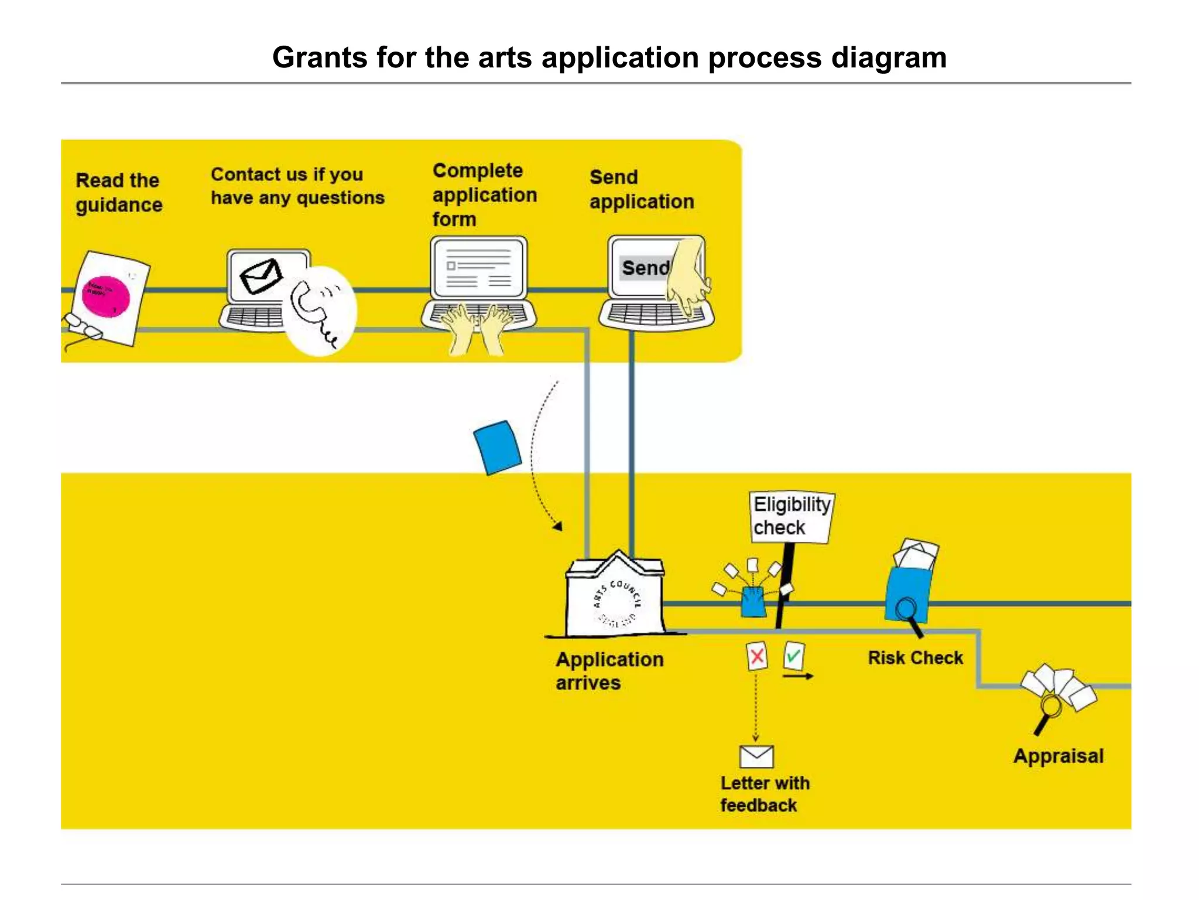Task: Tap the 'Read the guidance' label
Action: (x=118, y=193)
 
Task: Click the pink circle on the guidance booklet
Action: (x=105, y=296)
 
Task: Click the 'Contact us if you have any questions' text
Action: (x=297, y=186)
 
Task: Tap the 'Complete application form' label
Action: (x=484, y=195)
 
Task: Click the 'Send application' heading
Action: (x=641, y=189)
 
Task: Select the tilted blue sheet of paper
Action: (x=497, y=447)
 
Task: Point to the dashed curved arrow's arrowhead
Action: (x=558, y=526)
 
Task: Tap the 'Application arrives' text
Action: (x=609, y=671)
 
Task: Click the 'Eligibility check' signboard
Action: (x=791, y=517)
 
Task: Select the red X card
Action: (x=756, y=656)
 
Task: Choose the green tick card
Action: (x=793, y=656)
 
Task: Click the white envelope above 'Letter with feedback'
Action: (x=756, y=756)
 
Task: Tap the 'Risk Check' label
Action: (x=915, y=658)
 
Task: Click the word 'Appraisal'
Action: (x=1058, y=756)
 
